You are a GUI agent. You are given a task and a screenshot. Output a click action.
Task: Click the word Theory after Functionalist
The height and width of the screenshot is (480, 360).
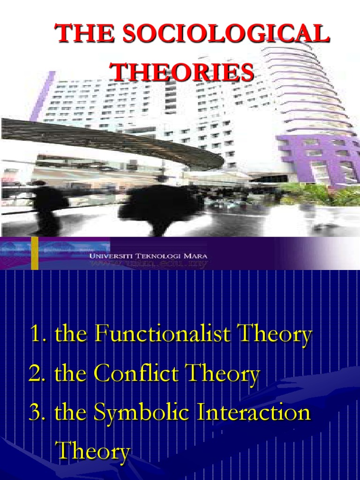276,336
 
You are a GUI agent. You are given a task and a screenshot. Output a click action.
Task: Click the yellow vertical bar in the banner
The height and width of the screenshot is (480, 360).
35,253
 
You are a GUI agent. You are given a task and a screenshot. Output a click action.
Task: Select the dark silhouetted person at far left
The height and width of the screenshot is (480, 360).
47,206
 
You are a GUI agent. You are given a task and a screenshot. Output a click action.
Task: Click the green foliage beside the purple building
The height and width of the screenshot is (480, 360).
323,192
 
